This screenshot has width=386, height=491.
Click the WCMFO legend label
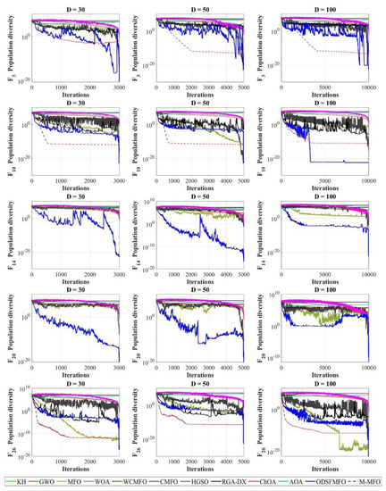click(127, 482)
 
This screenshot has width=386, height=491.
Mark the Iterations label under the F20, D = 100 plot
click(331, 379)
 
